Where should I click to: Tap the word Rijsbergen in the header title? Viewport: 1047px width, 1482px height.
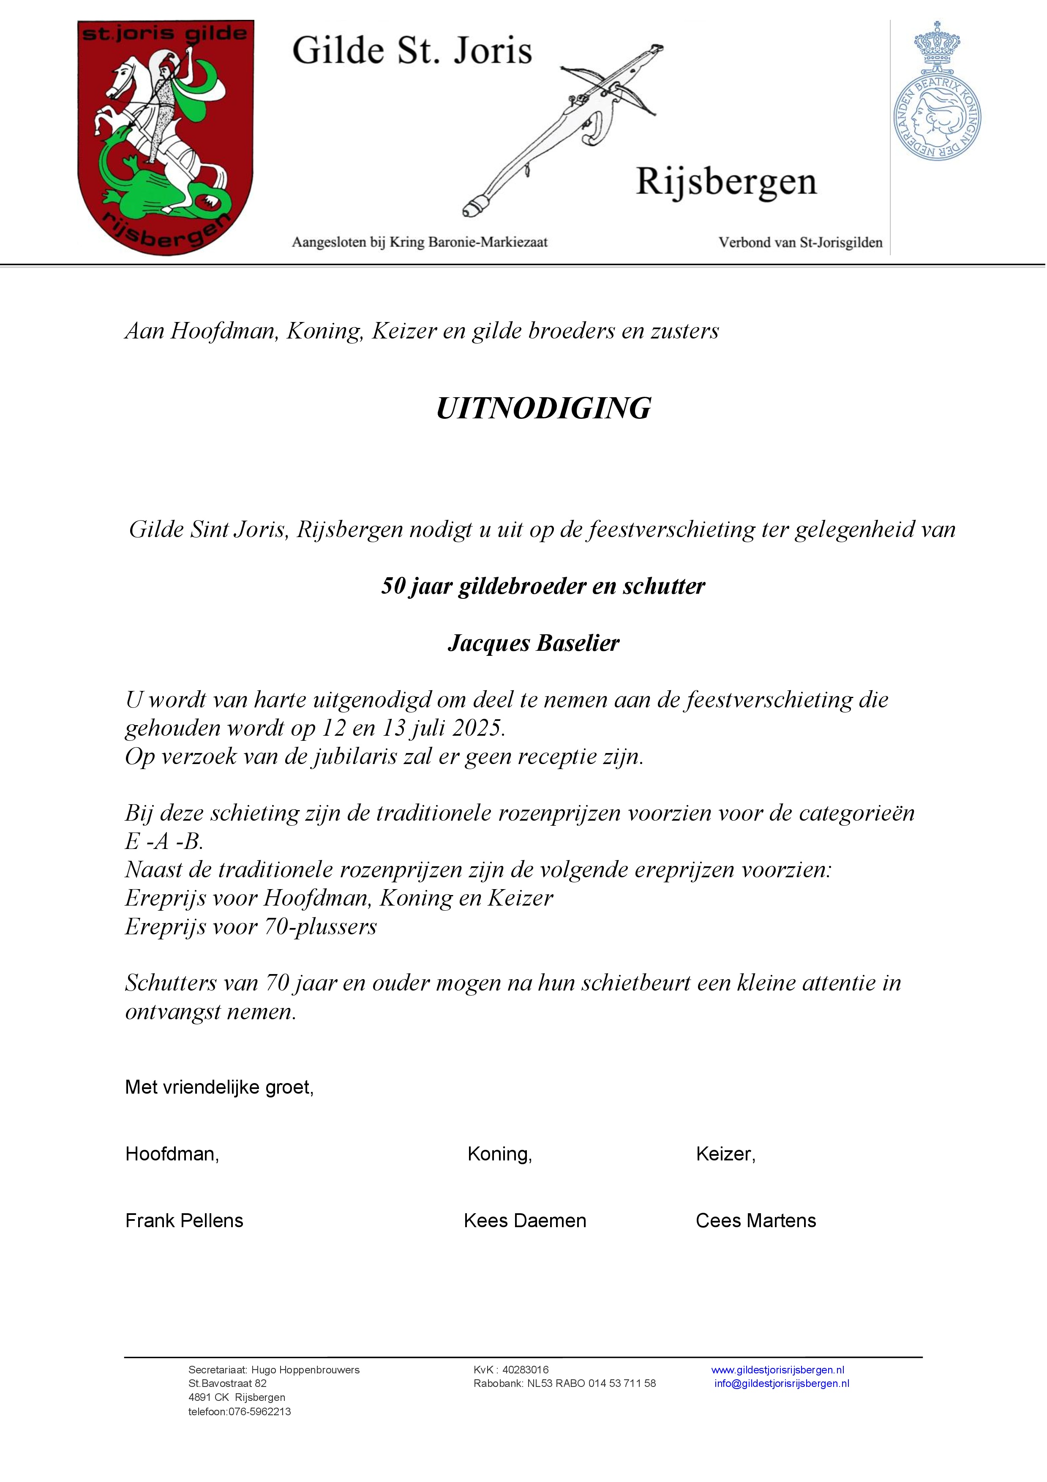726,183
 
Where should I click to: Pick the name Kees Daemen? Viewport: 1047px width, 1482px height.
525,1220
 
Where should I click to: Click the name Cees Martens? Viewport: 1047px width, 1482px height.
756,1220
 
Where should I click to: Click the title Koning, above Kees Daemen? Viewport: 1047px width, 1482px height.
499,1154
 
